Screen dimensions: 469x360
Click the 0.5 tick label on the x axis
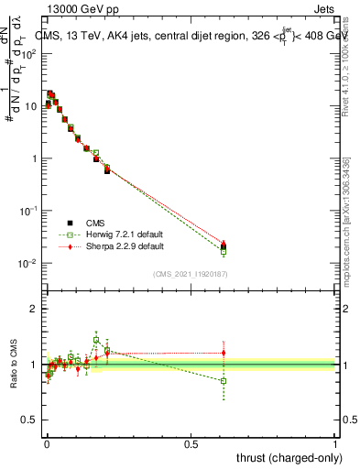pyautogui.click(x=191, y=442)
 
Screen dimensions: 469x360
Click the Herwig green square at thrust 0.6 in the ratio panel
pyautogui.click(x=224, y=380)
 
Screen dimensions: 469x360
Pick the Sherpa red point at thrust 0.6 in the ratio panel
pyautogui.click(x=224, y=353)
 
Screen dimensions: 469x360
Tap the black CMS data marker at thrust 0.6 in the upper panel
pyautogui.click(x=224, y=246)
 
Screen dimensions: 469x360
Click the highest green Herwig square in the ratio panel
pyautogui.click(x=96, y=340)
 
